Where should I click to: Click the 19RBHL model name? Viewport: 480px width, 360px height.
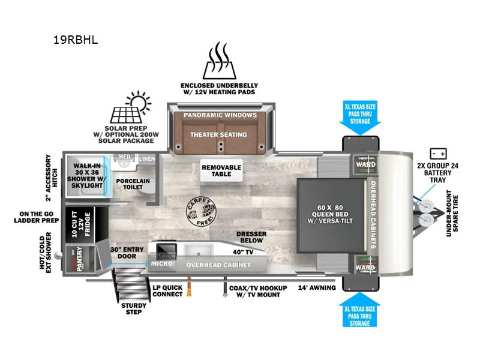point(75,41)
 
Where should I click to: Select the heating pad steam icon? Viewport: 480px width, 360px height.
point(219,60)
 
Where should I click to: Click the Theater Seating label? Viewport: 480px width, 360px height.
point(219,134)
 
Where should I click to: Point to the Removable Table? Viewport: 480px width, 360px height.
point(221,171)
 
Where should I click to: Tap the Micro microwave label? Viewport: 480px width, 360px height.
point(161,263)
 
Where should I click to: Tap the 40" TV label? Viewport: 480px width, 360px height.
point(242,252)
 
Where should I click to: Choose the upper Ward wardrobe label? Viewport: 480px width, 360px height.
point(365,164)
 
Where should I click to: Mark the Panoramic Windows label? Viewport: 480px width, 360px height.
point(220,115)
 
